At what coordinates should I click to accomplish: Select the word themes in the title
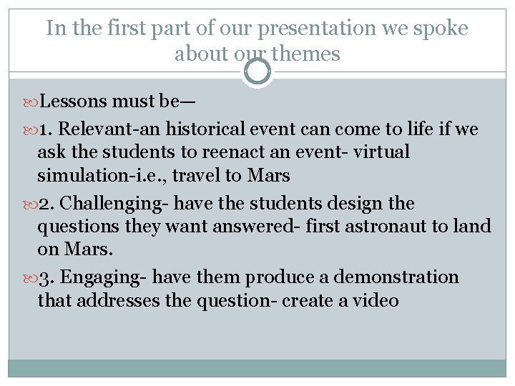click(x=309, y=54)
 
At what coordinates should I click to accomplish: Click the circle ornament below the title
click(x=257, y=71)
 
